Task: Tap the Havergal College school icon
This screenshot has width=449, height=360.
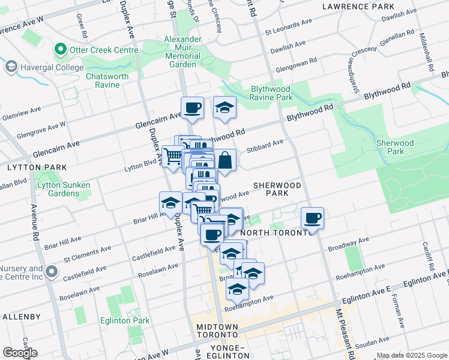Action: (x=11, y=67)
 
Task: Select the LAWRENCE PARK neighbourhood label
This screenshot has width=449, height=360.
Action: (x=358, y=7)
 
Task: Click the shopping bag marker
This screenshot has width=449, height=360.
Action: (x=224, y=161)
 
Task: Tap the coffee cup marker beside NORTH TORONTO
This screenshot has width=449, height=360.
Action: (x=312, y=219)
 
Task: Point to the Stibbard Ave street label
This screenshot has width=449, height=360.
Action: (x=265, y=143)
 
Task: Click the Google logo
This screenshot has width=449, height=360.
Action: (x=20, y=353)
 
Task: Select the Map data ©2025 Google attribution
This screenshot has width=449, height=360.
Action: (x=412, y=355)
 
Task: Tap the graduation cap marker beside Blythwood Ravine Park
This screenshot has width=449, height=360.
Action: (x=224, y=108)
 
